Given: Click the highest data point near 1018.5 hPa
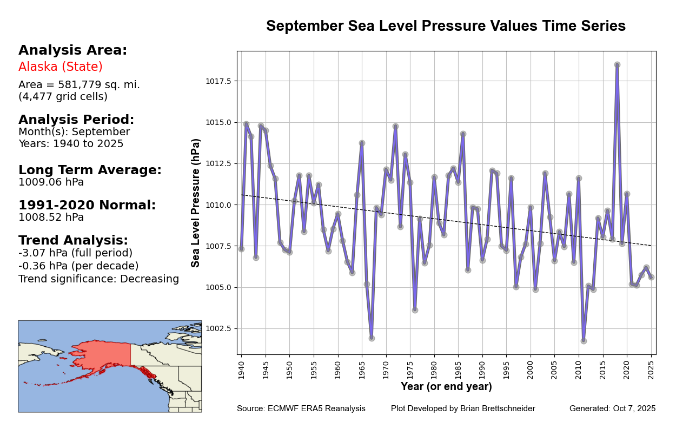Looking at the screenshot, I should click(x=617, y=64).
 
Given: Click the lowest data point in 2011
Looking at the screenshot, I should click(x=584, y=341).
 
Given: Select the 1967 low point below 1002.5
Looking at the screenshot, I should click(x=372, y=338).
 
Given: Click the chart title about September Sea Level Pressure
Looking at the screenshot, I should click(x=446, y=26).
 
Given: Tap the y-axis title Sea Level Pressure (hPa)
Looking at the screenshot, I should click(x=196, y=202).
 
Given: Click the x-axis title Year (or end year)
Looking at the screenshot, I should click(x=446, y=387).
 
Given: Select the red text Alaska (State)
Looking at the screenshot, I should click(x=61, y=67).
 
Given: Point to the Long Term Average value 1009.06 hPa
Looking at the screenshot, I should click(x=51, y=182).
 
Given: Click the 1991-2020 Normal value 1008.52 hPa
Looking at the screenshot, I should click(x=51, y=217).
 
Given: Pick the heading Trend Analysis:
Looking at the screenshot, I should click(x=74, y=240).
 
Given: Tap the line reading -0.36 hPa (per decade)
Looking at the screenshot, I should click(x=78, y=266).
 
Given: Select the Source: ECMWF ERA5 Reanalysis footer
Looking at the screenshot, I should click(x=301, y=408).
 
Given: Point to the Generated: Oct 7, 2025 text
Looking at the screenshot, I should click(x=612, y=408).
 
